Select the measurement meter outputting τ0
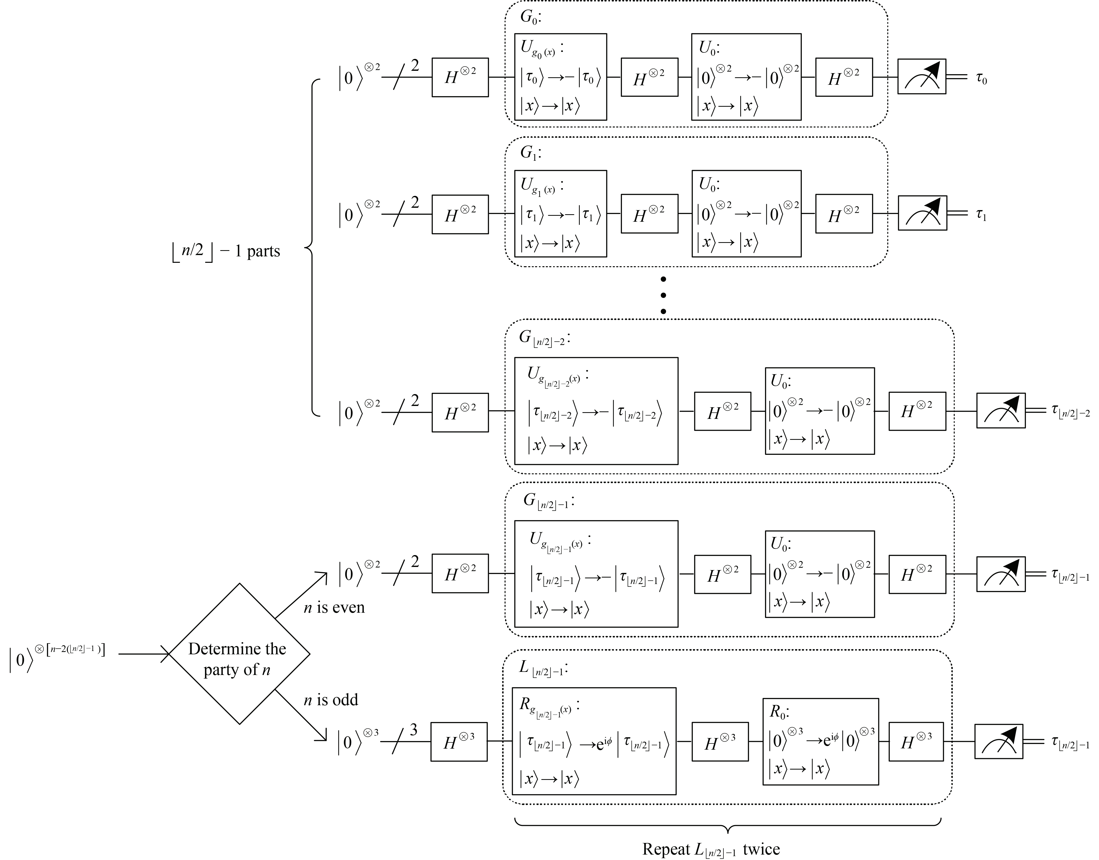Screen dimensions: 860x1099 click(x=922, y=76)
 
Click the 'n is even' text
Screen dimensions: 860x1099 click(x=334, y=608)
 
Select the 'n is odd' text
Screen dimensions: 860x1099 click(x=331, y=700)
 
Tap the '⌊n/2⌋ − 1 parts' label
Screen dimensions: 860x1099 click(x=226, y=251)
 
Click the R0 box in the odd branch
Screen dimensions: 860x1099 click(x=820, y=741)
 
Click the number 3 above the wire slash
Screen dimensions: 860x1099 click(x=414, y=730)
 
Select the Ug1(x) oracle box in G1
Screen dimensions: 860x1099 click(x=560, y=213)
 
